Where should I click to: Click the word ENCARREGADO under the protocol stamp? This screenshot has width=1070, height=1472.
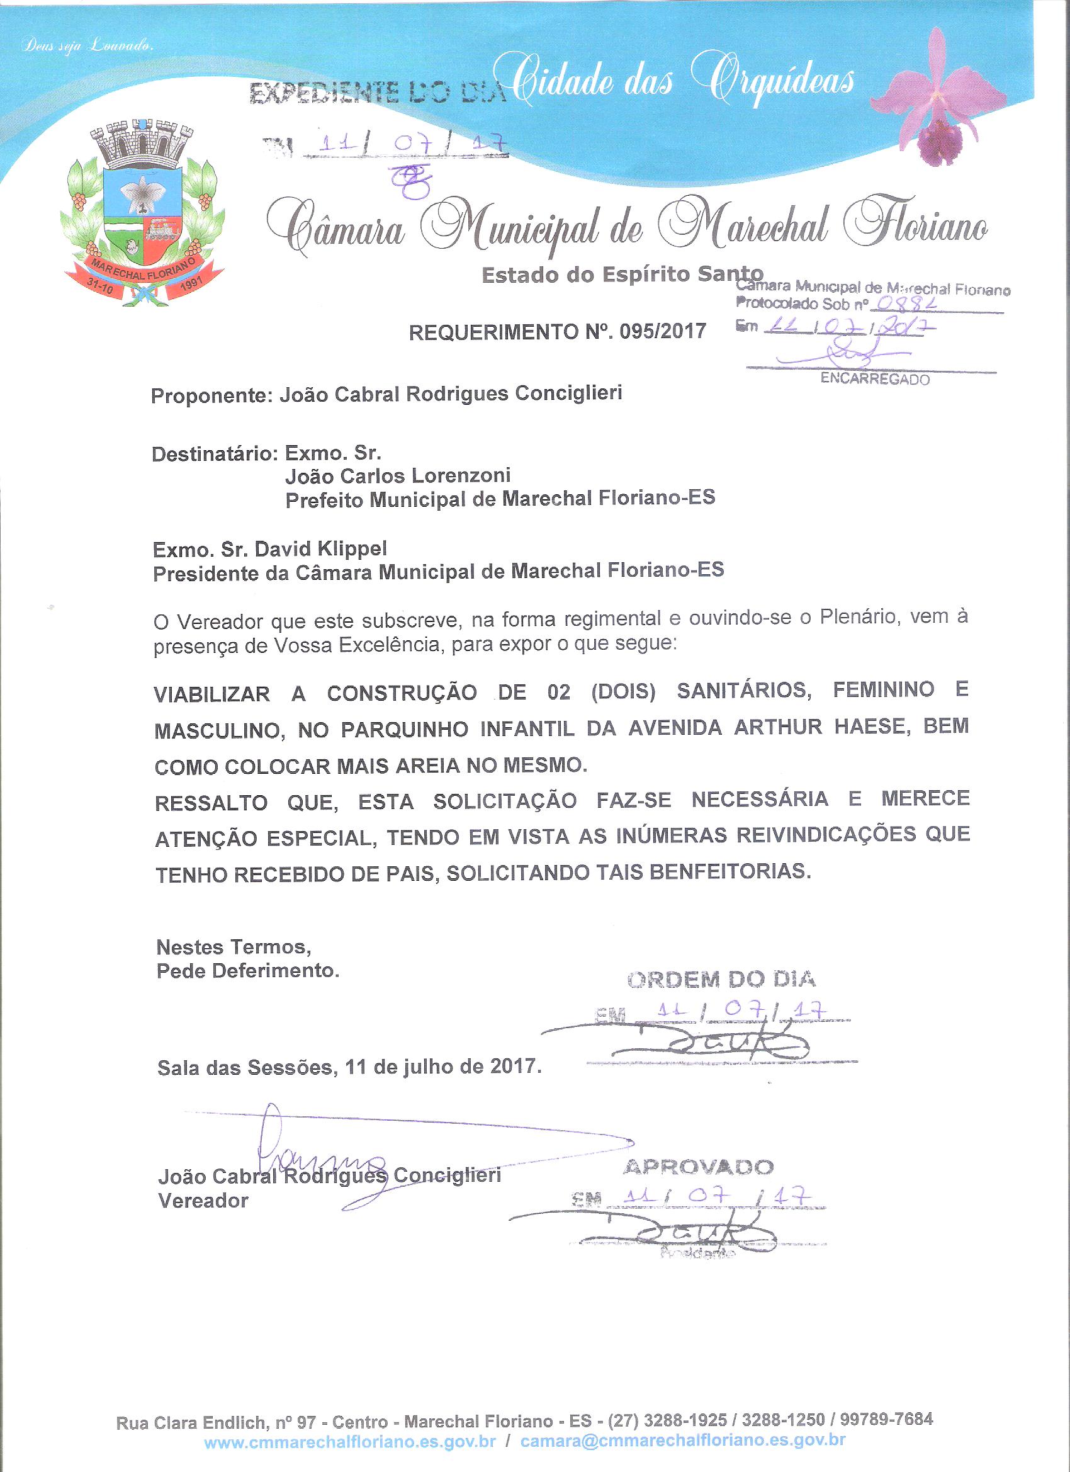pyautogui.click(x=875, y=379)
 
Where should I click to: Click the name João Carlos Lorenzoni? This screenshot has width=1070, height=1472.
pyautogui.click(x=398, y=476)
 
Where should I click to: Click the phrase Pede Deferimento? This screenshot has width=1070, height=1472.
pyautogui.click(x=248, y=971)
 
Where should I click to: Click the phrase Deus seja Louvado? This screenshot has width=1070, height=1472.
pyautogui.click(x=87, y=47)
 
